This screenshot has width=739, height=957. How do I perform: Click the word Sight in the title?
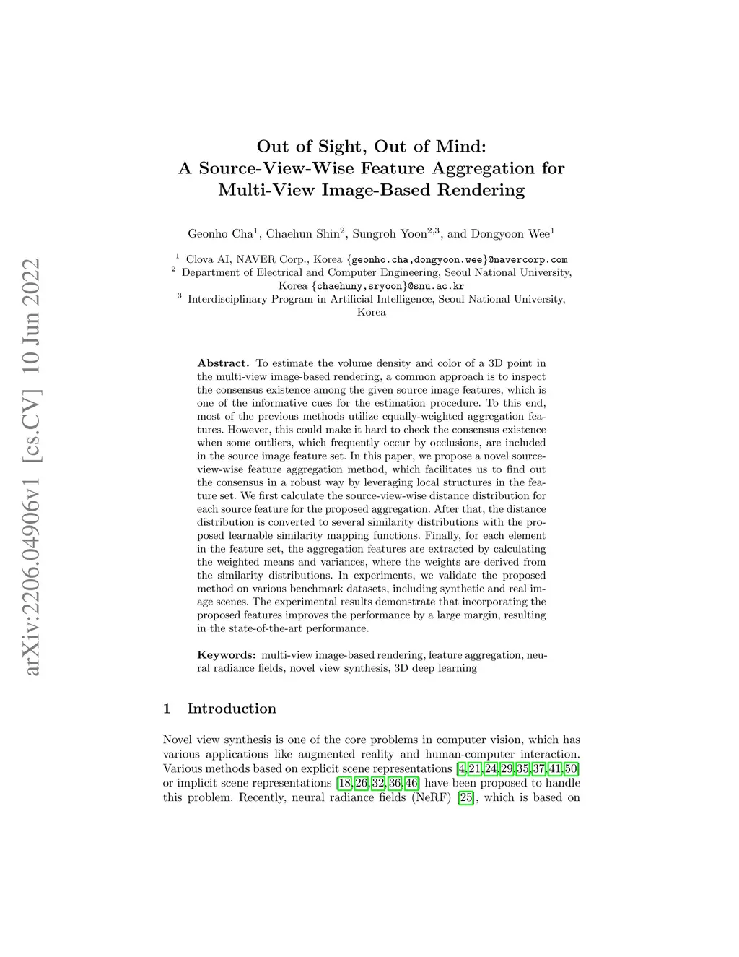(328, 146)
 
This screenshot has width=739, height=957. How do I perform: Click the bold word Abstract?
(223, 363)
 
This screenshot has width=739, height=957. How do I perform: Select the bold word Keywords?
(226, 655)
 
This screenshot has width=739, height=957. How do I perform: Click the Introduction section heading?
(231, 709)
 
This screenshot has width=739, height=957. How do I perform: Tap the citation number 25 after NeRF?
(466, 797)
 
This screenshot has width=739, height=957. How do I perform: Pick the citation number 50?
(571, 768)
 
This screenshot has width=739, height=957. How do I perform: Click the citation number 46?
(412, 783)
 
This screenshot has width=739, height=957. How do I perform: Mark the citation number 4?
(462, 768)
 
